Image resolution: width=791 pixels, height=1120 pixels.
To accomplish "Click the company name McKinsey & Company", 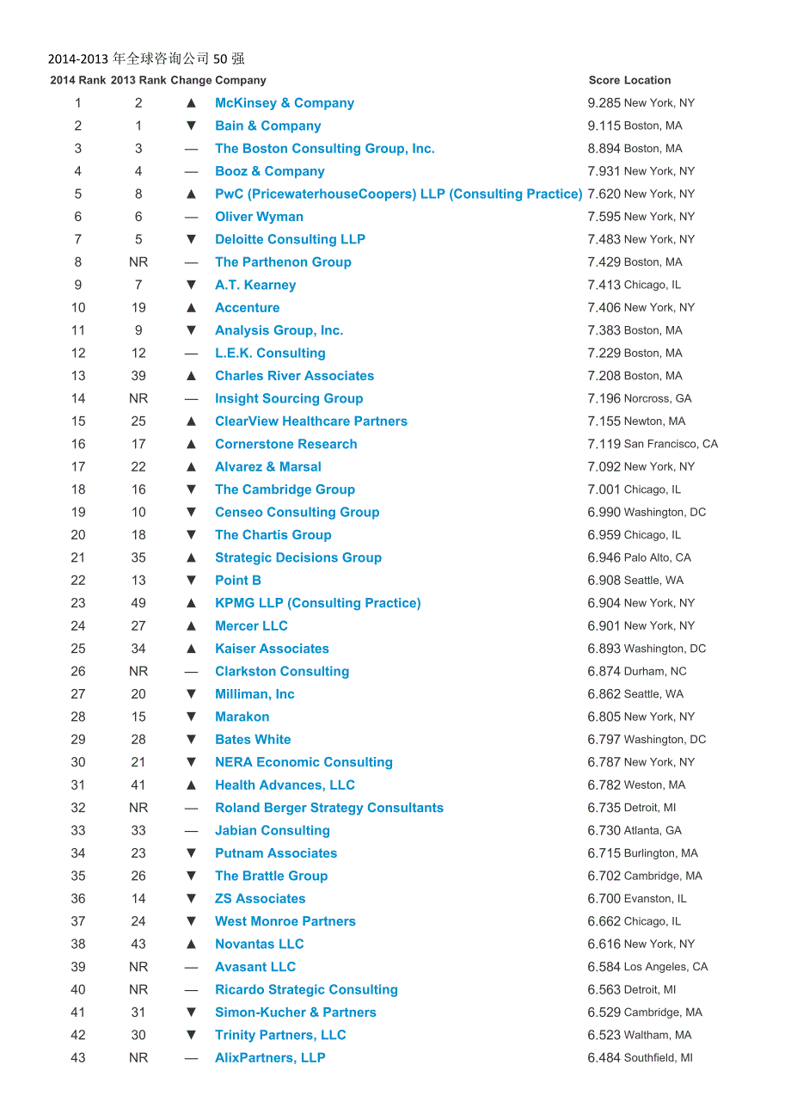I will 284,103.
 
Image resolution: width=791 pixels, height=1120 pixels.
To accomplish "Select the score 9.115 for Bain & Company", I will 604,126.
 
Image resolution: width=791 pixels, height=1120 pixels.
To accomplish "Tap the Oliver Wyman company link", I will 259,217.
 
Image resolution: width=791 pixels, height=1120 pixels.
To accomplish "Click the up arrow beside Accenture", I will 191,308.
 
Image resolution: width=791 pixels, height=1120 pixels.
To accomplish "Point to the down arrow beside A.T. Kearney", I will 191,285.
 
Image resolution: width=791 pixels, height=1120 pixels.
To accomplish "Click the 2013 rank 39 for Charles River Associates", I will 138,376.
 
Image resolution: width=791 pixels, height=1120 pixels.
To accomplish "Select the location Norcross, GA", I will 658,399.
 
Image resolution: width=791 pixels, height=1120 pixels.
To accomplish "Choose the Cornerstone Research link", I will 285,444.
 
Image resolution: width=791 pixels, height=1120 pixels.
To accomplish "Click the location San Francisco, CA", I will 671,445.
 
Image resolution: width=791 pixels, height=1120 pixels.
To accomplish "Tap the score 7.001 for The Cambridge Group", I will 604,489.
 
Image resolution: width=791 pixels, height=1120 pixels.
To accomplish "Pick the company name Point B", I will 238,581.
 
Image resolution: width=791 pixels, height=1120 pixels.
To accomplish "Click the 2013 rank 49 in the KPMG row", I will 138,603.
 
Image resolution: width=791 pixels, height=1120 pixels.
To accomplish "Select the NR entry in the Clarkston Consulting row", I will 138,672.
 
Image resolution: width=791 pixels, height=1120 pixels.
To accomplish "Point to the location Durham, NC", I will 655,672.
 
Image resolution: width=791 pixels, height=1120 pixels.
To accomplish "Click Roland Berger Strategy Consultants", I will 329,808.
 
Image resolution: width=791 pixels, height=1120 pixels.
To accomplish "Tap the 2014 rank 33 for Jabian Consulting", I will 78,831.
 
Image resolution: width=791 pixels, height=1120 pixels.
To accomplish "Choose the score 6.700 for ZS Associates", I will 604,899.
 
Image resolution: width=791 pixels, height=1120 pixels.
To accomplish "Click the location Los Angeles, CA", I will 665,967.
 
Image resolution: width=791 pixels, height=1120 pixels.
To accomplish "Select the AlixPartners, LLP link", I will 270,1058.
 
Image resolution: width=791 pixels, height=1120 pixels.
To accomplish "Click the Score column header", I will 604,80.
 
